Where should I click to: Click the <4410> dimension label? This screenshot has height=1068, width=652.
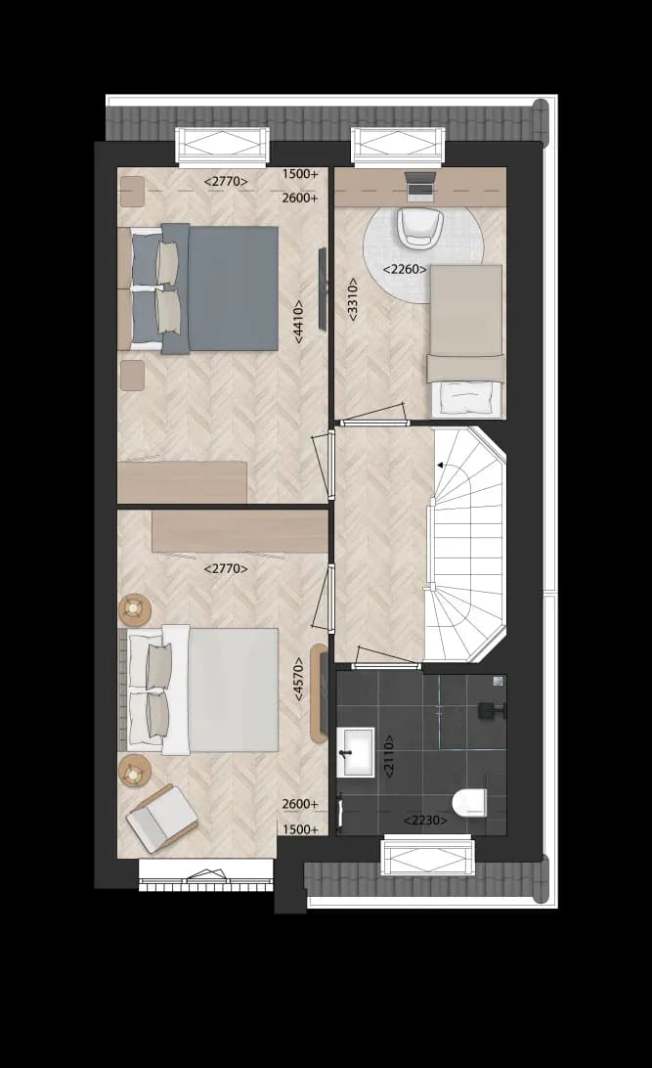[299, 321]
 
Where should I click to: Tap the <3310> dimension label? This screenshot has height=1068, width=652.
[353, 297]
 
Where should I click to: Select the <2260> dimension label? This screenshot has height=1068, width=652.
[405, 269]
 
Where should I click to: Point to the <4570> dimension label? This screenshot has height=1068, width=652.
[299, 679]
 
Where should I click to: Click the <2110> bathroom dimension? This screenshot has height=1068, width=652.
[389, 756]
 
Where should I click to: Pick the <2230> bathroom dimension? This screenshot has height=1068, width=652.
[426, 820]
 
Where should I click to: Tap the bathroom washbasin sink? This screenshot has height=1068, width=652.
[355, 752]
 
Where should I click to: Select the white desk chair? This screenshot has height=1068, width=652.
[420, 228]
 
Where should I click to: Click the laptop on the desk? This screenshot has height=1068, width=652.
[420, 186]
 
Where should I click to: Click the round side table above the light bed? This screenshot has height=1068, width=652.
[135, 609]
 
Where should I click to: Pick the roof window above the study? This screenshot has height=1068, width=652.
[397, 146]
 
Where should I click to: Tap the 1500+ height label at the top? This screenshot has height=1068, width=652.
[300, 174]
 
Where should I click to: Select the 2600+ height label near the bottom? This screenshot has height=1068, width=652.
[300, 804]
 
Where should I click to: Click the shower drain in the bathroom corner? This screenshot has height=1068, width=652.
[499, 681]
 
